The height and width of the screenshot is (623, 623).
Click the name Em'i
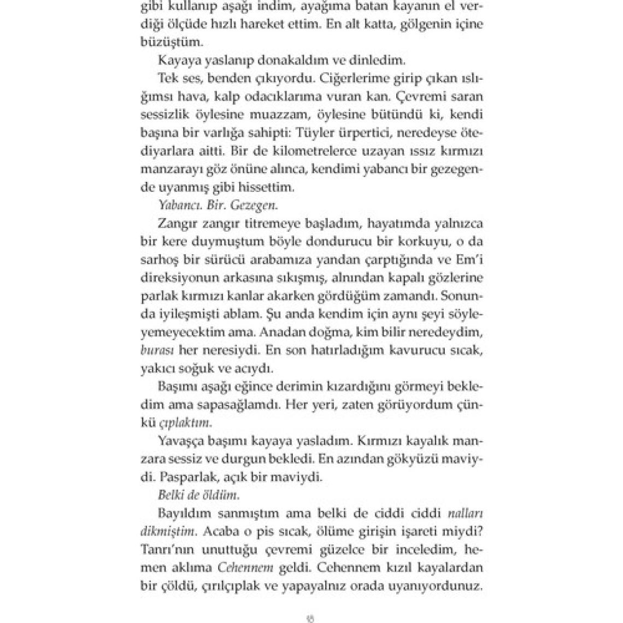click(471, 260)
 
